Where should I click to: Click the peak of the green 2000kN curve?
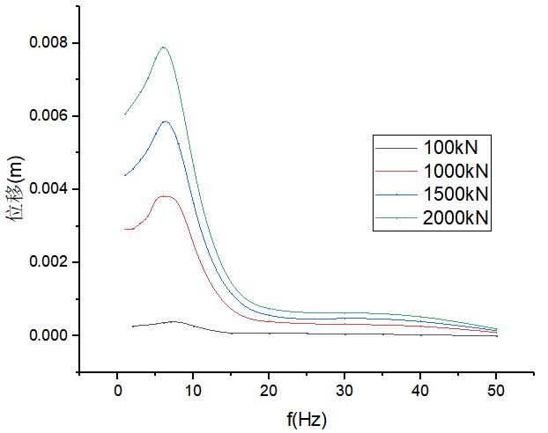coord(163,48)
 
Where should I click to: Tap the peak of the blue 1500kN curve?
coord(165,121)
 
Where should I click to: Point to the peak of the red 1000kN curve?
coord(166,196)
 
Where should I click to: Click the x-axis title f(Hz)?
coord(307,418)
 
